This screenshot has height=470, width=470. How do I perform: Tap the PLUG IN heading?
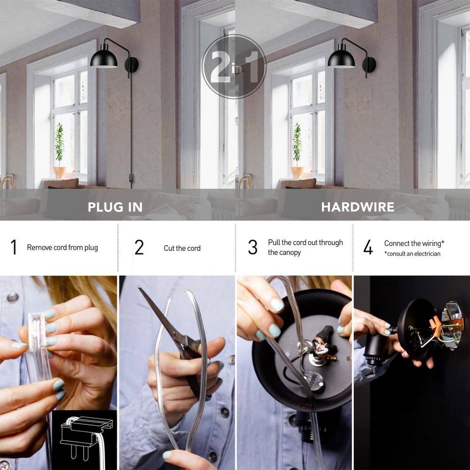[x=115, y=207]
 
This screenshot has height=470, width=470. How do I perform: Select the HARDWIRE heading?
[x=358, y=207]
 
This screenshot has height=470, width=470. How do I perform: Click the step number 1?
[x=14, y=247]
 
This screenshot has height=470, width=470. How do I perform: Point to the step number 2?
[x=139, y=247]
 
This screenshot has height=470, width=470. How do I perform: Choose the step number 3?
[x=253, y=247]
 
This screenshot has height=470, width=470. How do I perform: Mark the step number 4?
[x=368, y=247]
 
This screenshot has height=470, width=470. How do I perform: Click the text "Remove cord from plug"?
[x=63, y=248]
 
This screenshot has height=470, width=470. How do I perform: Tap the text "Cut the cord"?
[x=182, y=248]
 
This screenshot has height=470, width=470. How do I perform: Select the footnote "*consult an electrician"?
[x=412, y=254]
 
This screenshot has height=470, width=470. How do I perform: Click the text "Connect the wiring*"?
[x=414, y=243]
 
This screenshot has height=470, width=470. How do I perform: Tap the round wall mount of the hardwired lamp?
[x=369, y=65]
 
